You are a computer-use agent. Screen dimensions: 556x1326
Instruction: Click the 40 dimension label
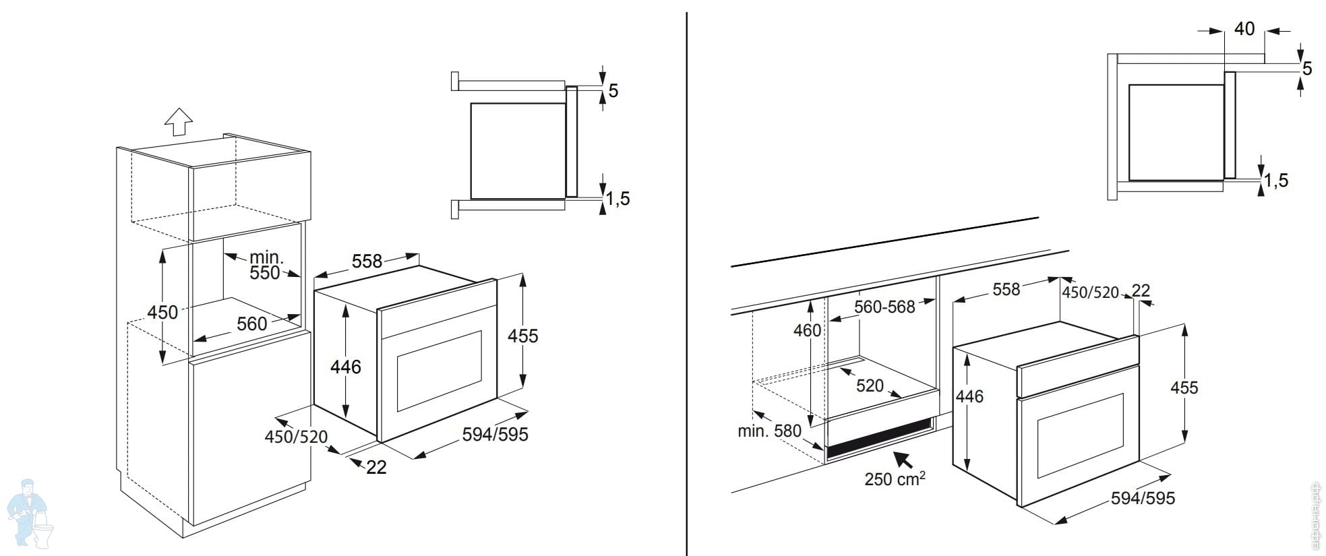(x=1244, y=29)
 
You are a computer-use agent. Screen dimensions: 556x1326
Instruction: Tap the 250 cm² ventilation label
(x=894, y=478)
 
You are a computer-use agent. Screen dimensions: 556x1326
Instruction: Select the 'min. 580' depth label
(x=769, y=431)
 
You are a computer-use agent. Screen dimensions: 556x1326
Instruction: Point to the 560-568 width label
(x=884, y=307)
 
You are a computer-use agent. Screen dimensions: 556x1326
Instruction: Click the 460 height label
(x=807, y=330)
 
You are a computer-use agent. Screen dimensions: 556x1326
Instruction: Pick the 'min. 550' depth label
(x=266, y=266)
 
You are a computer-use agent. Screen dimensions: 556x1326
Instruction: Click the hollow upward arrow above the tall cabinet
(x=179, y=122)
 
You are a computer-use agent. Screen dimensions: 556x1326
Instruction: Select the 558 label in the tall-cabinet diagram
(x=367, y=261)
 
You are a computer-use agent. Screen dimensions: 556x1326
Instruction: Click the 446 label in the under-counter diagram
(x=969, y=396)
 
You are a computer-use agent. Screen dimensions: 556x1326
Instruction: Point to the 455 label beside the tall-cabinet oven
(x=523, y=336)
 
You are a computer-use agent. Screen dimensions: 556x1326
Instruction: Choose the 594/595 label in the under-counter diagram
(x=1143, y=498)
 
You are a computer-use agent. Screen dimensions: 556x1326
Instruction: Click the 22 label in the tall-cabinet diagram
(x=376, y=467)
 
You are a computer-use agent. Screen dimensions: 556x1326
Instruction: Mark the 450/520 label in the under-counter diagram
(x=1090, y=292)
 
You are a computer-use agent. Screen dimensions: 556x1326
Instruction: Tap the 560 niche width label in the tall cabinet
(x=251, y=324)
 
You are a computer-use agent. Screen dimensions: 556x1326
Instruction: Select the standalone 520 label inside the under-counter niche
(x=870, y=385)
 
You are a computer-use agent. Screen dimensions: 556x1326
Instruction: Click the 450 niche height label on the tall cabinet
(x=162, y=313)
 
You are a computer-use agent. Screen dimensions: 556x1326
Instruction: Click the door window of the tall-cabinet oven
(x=439, y=371)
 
